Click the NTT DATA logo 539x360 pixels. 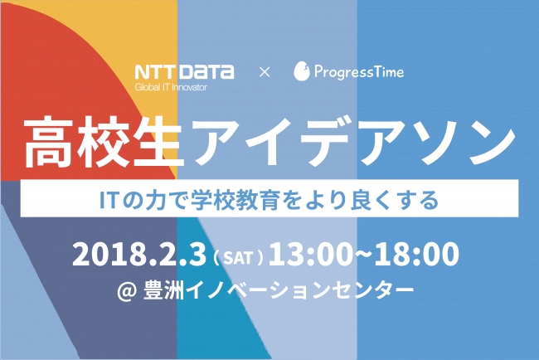click(184, 72)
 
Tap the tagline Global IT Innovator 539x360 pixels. click(171, 87)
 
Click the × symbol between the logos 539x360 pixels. click(265, 72)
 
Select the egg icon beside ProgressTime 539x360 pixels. click(302, 71)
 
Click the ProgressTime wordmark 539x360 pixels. click(359, 72)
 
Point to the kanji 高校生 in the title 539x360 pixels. click(103, 141)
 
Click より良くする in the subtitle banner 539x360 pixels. click(371, 199)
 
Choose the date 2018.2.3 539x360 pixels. click(139, 254)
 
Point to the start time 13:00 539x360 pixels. click(311, 254)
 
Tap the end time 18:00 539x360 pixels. click(416, 254)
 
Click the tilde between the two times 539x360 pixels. click(363, 253)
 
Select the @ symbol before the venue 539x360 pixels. click(127, 290)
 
